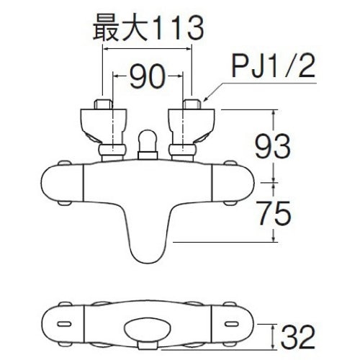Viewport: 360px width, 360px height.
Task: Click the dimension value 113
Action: (179, 29)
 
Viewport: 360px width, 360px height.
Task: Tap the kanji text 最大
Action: (121, 29)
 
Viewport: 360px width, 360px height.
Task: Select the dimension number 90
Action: (148, 76)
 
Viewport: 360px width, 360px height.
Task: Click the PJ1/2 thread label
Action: (273, 65)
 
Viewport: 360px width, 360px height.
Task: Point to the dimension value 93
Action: (273, 146)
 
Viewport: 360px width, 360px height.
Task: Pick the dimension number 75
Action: (273, 213)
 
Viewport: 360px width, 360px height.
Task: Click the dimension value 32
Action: (297, 337)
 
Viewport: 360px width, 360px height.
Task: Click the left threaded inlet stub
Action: (103, 104)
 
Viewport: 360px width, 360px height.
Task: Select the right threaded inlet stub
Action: (192, 104)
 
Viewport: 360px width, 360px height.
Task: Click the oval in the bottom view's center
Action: (148, 329)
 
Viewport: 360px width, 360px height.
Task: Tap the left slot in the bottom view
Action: (64, 324)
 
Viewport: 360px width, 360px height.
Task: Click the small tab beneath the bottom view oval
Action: (148, 346)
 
